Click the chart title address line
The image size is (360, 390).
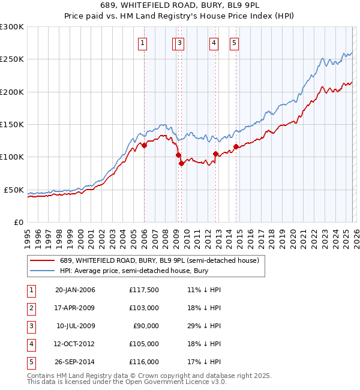coord(180,5)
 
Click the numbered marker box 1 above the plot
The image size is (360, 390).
coord(143,42)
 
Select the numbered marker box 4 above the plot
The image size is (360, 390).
coord(214,42)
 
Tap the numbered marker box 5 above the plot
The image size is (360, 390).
coord(233,42)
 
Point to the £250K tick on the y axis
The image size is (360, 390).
coord(12,59)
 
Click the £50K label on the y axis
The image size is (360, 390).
coord(14,190)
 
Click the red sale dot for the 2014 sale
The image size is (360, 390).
coord(236,146)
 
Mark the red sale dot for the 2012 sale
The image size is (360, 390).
coord(215,154)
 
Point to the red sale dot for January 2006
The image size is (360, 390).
coord(144,145)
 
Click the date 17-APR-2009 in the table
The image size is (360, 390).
coord(75,307)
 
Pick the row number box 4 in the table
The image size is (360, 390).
coord(30,344)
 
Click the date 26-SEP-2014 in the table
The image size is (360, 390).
coord(75,362)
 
